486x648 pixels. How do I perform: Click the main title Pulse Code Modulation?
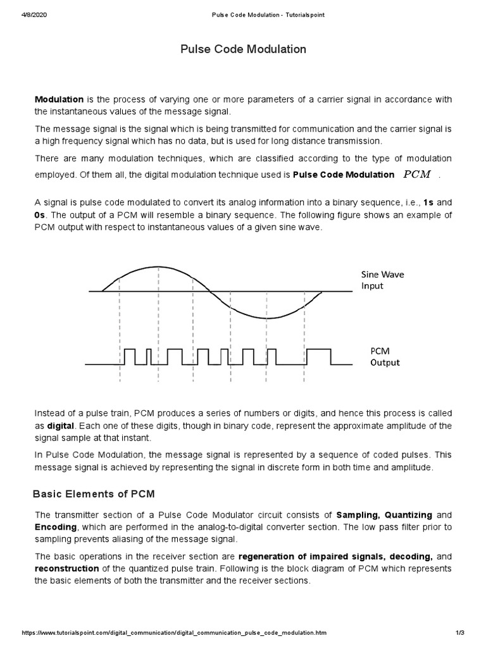click(244, 49)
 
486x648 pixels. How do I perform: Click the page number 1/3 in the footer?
click(459, 633)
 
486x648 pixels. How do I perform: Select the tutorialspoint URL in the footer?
click(175, 633)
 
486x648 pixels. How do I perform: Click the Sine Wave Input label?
click(382, 280)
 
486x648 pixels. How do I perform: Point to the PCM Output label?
click(385, 356)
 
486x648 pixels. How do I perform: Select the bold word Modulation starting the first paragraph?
click(59, 99)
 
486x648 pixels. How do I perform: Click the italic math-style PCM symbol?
click(416, 175)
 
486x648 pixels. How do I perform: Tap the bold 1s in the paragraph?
click(428, 202)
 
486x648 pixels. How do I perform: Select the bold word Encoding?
click(55, 526)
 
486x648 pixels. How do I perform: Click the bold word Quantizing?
click(409, 515)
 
